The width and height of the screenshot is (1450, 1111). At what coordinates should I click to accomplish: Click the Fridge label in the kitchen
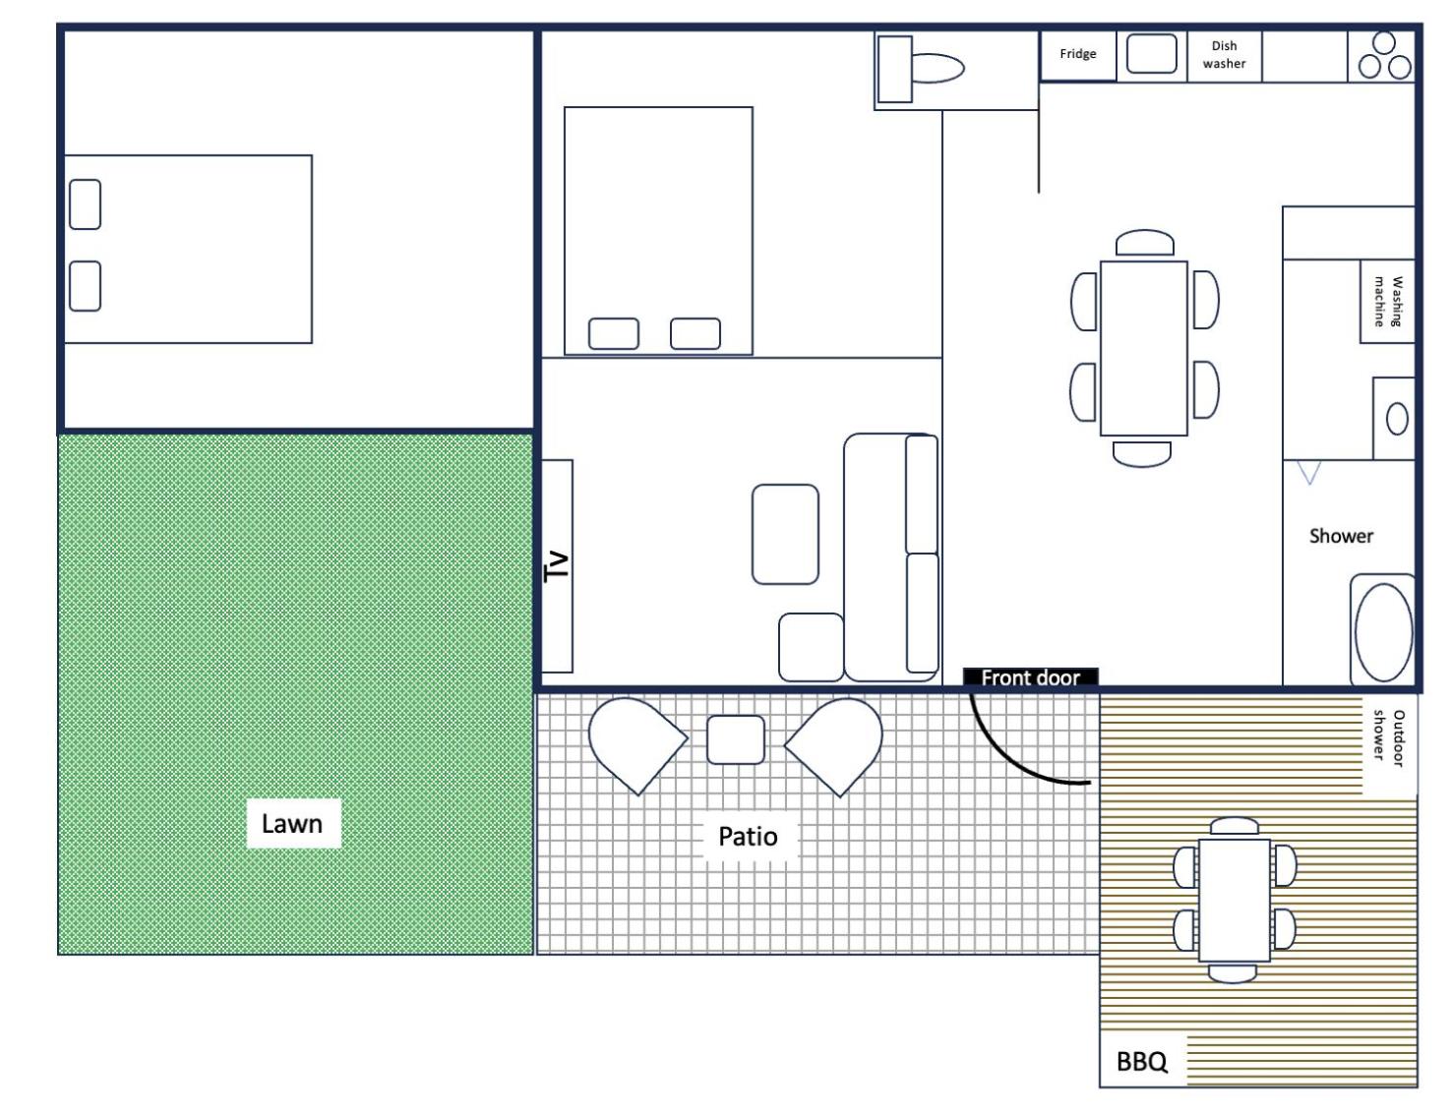[1077, 53]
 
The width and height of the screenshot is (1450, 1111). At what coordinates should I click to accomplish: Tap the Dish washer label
[1224, 54]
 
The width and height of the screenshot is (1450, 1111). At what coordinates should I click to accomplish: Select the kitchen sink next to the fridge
[1151, 53]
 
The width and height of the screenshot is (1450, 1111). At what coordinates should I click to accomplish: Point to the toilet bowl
[937, 68]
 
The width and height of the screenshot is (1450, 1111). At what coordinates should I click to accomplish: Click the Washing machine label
[1388, 301]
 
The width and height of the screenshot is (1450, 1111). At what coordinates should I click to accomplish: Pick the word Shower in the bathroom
[1341, 536]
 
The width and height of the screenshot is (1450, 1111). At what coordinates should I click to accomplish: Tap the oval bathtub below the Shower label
[1383, 631]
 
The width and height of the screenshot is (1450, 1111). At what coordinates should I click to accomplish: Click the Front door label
[1030, 677]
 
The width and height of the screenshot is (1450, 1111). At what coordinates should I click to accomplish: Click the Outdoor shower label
[1389, 737]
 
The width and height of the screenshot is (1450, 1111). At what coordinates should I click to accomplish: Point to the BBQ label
[1141, 1061]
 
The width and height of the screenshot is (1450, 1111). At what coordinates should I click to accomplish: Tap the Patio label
[748, 837]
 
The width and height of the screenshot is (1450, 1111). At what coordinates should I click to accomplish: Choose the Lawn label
[291, 824]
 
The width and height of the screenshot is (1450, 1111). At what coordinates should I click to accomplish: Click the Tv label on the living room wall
[557, 566]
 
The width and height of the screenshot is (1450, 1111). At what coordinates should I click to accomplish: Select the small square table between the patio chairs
[736, 739]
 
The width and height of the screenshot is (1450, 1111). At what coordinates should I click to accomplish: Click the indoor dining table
[1143, 348]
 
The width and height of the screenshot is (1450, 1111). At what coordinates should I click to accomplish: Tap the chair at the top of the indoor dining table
[1144, 242]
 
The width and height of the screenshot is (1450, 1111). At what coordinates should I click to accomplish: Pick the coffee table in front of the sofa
[785, 534]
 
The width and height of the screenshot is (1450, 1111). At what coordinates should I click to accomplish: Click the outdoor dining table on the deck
[1234, 901]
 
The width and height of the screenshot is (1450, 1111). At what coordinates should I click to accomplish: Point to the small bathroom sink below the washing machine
[1397, 420]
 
